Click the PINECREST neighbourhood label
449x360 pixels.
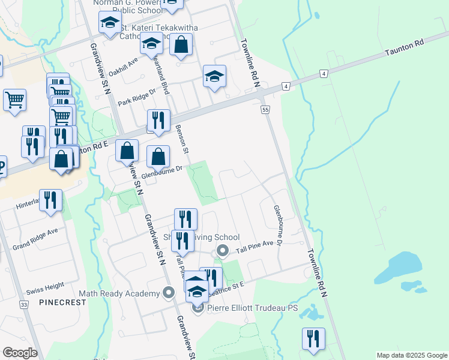point(63,302)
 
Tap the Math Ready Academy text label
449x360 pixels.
point(122,293)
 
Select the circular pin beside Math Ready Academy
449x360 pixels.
point(169,293)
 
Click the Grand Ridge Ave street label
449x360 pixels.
point(35,246)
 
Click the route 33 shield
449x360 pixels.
point(24,305)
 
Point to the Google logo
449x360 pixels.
point(20,352)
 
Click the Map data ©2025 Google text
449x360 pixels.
point(412,355)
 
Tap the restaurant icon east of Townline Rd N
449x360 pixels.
point(313,339)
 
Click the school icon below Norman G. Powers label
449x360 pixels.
point(110,25)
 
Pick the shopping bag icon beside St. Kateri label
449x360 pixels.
point(181,44)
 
